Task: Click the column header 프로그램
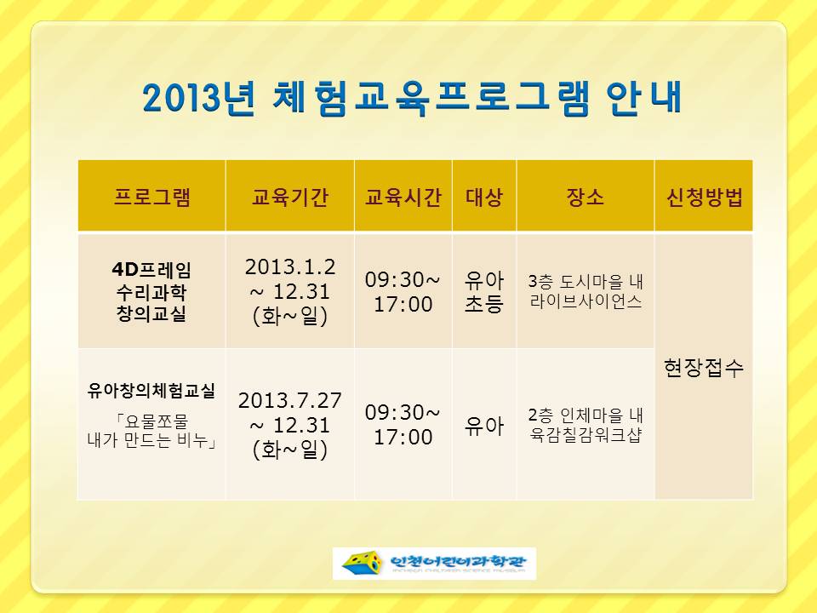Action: (151, 197)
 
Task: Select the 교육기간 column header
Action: (289, 197)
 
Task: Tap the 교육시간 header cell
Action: (403, 197)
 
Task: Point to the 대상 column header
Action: (484, 197)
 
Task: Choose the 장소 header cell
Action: (586, 197)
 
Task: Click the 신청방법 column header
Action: (704, 197)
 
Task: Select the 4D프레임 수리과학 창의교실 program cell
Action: (151, 292)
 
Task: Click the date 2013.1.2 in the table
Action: (290, 266)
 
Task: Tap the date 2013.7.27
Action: (290, 400)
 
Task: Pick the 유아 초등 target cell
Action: (484, 292)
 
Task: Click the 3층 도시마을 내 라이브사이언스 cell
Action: (586, 291)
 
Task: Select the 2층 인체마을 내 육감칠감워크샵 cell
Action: (586, 425)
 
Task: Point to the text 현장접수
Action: (704, 368)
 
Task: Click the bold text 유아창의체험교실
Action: (151, 390)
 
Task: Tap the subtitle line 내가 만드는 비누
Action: (151, 440)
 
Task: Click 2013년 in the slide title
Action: (199, 98)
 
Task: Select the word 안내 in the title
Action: (644, 97)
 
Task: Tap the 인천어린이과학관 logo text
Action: (459, 561)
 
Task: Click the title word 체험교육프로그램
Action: (431, 97)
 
